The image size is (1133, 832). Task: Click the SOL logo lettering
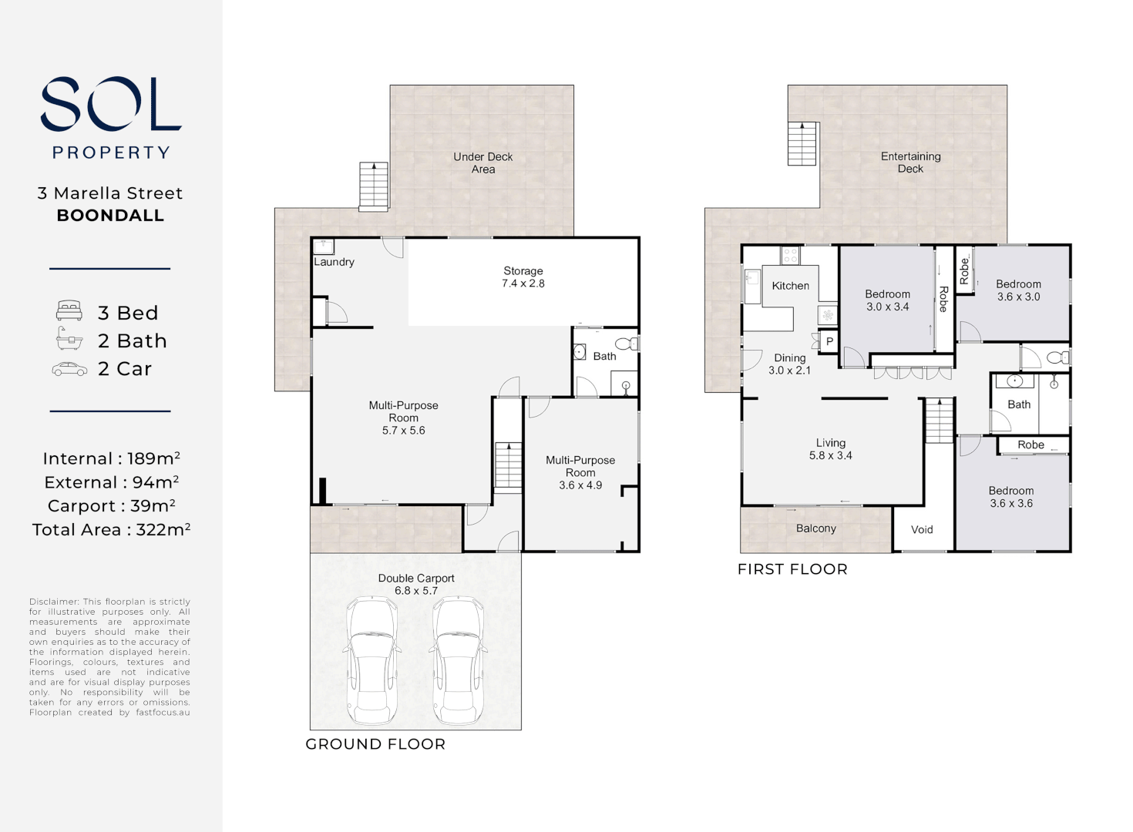tap(111, 104)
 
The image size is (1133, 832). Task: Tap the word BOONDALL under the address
tap(110, 216)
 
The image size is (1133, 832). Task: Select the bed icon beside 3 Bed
tap(69, 310)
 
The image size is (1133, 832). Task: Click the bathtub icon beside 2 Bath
tap(69, 339)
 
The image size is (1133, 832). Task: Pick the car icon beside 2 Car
tap(69, 370)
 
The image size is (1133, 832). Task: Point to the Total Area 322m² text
tap(111, 529)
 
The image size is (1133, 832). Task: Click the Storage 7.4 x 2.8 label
tap(523, 277)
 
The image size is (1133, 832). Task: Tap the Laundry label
tap(334, 262)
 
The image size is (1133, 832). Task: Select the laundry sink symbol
tap(324, 247)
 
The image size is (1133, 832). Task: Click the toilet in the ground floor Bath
tap(627, 344)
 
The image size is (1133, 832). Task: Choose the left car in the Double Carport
tap(372, 660)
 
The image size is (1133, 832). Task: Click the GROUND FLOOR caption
tap(375, 744)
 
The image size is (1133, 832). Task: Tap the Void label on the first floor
tap(922, 530)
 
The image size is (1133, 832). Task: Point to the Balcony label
tap(816, 528)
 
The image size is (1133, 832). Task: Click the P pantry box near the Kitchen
tap(829, 341)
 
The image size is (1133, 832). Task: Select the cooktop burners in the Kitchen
tap(789, 255)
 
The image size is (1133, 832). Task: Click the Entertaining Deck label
tap(910, 163)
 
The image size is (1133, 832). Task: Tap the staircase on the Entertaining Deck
tap(802, 143)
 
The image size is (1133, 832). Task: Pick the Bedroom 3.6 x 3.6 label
tap(1011, 497)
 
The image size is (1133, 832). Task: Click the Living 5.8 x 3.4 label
tap(831, 449)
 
